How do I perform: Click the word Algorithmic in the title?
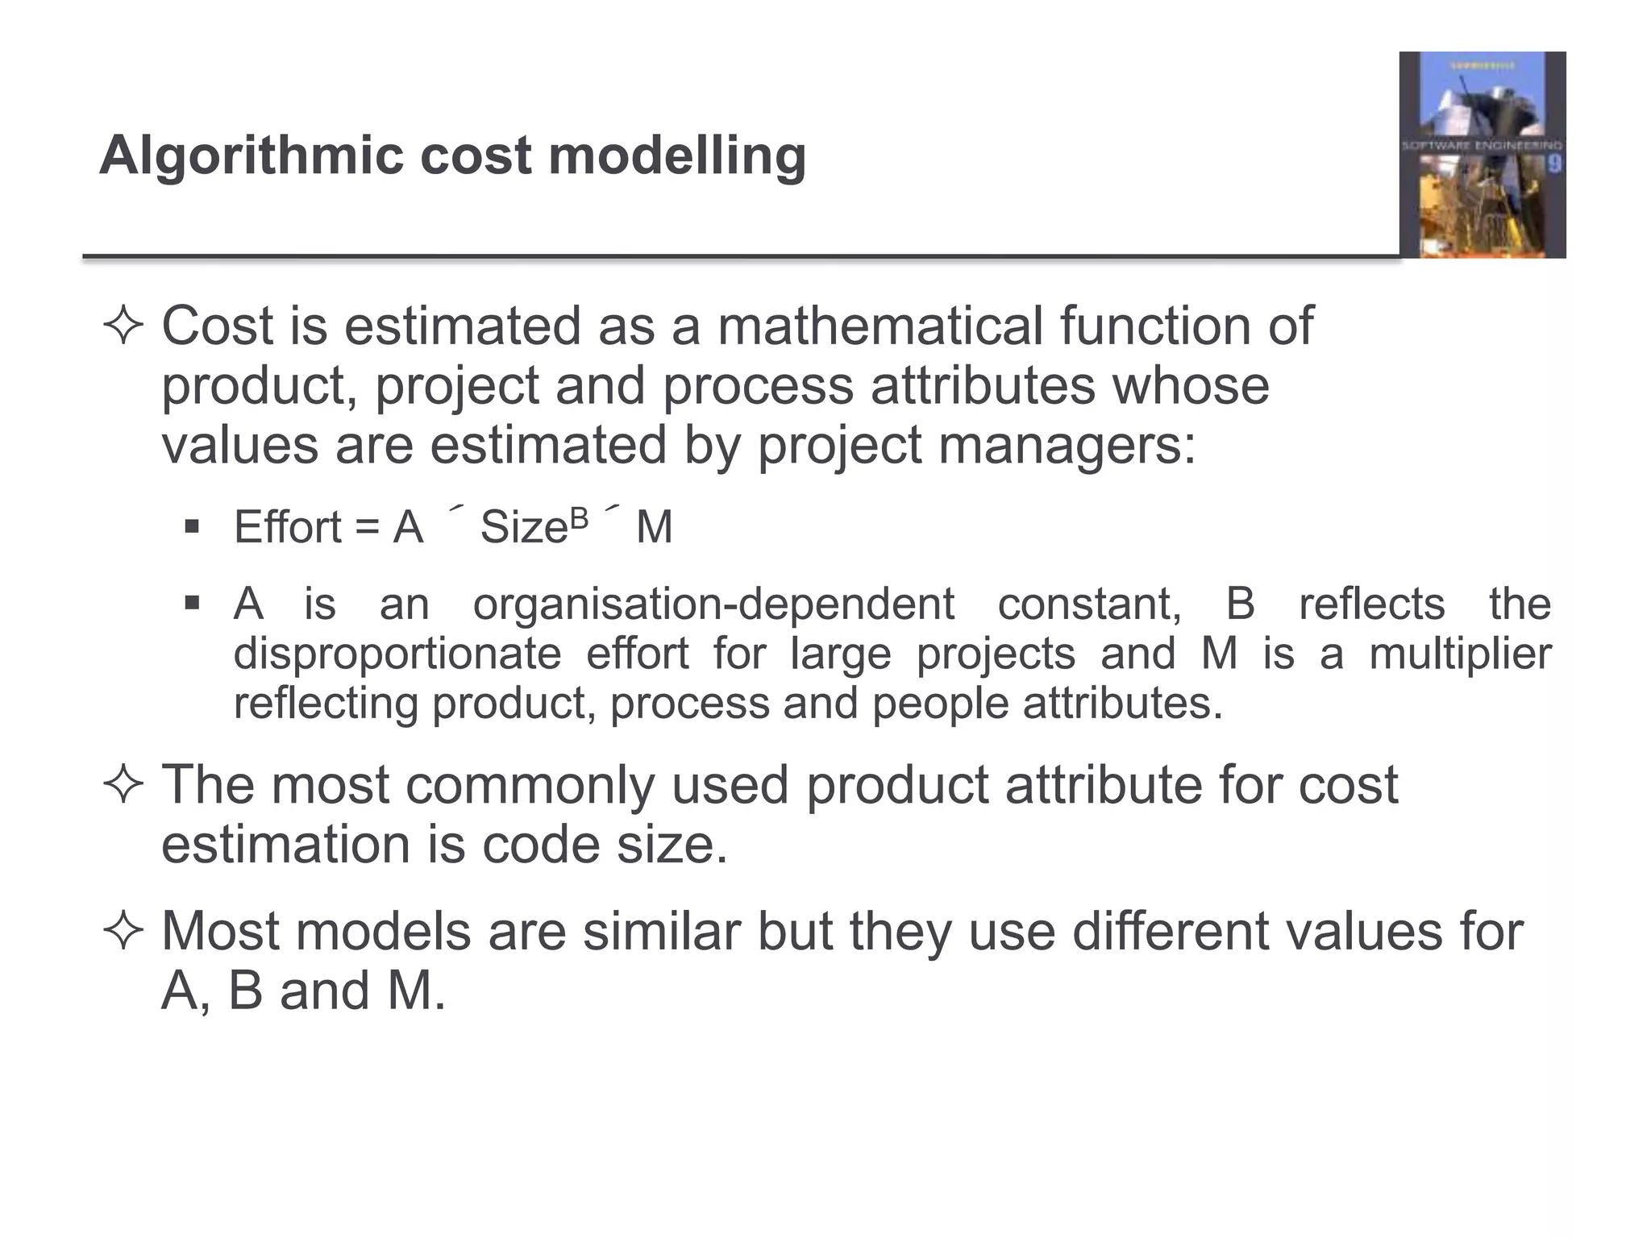pyautogui.click(x=251, y=156)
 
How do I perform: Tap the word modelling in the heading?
pyautogui.click(x=677, y=156)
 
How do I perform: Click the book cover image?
pyautogui.click(x=1482, y=155)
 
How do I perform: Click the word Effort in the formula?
pyautogui.click(x=288, y=527)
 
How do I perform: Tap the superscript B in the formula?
pyautogui.click(x=579, y=518)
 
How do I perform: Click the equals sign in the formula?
pyautogui.click(x=367, y=528)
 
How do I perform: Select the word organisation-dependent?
pyautogui.click(x=713, y=604)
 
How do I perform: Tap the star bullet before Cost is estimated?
pyautogui.click(x=123, y=327)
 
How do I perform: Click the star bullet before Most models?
pyautogui.click(x=123, y=933)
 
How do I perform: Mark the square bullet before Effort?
pyautogui.click(x=192, y=528)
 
